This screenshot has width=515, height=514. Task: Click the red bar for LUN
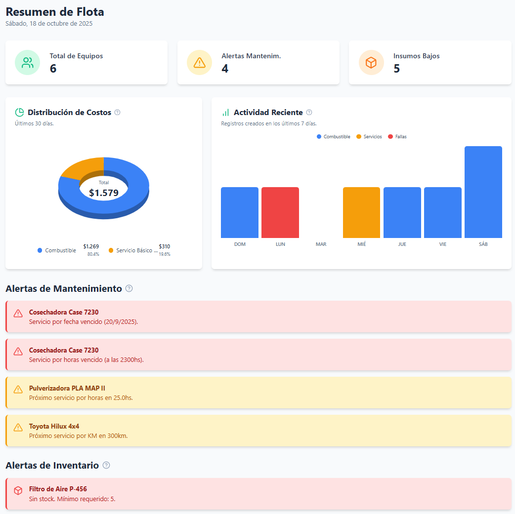[280, 212]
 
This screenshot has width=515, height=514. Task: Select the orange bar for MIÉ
[361, 212]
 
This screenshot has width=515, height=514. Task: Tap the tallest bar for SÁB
[483, 192]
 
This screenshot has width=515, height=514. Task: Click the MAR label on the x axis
[321, 244]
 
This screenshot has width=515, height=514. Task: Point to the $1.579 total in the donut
[104, 193]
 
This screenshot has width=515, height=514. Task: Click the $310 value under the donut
[164, 246]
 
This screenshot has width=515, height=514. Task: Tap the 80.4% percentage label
[93, 254]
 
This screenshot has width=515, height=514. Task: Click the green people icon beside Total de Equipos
[27, 63]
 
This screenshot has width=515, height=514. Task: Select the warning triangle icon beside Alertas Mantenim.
[199, 63]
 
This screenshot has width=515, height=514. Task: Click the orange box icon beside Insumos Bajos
[371, 63]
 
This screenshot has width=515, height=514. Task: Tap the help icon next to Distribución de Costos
[117, 113]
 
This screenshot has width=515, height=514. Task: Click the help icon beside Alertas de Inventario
[106, 465]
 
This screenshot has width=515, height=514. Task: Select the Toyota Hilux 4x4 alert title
[54, 426]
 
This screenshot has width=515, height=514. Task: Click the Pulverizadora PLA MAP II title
[67, 388]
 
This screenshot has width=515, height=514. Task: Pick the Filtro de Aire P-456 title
[58, 489]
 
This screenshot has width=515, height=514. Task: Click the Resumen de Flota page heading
[55, 12]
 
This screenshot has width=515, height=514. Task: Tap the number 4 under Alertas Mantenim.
[225, 69]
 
